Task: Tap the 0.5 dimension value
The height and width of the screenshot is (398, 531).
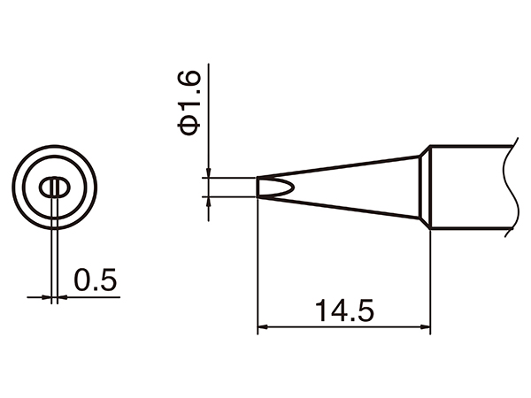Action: tap(96, 280)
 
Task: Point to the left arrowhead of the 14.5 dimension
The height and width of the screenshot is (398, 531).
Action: tap(262, 329)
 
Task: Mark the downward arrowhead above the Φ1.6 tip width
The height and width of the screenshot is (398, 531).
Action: tap(207, 173)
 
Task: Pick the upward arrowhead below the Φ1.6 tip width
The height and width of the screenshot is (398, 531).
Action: tap(207, 203)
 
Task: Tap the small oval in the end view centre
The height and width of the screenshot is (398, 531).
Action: tap(55, 188)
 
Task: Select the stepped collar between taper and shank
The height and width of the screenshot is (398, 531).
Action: tap(424, 188)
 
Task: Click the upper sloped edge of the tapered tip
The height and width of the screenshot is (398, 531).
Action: tap(336, 166)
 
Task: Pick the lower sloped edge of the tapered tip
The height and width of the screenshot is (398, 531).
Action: tap(336, 209)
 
